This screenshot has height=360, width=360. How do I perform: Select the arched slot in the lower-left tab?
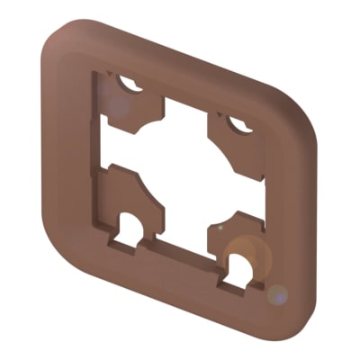pos(133,225)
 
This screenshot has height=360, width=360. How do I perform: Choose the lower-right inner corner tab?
pos(236,236)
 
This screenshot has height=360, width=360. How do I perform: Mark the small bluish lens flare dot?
pos(278,293)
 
